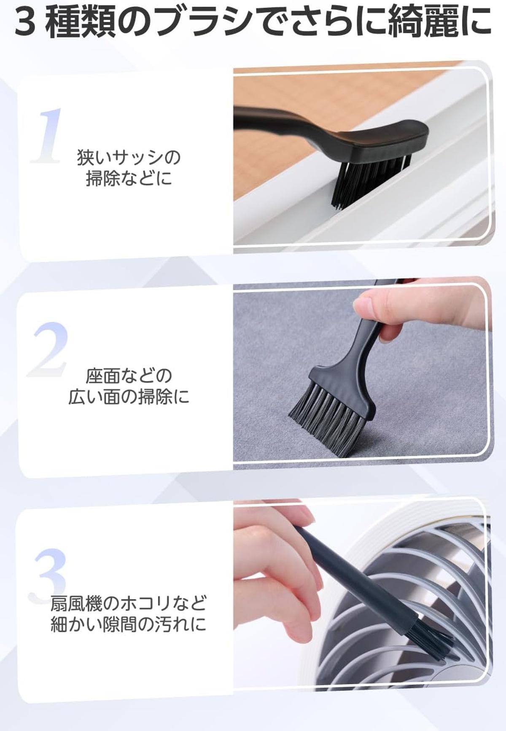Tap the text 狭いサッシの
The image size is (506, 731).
pos(129,158)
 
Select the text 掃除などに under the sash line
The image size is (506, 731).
pos(129,178)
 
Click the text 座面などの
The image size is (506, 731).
pos(129,376)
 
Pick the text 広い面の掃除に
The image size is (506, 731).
pos(129,397)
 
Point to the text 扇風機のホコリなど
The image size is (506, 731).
pos(129,603)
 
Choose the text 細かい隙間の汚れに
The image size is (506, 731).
pos(129,624)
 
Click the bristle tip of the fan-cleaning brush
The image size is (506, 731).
pos(434,639)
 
